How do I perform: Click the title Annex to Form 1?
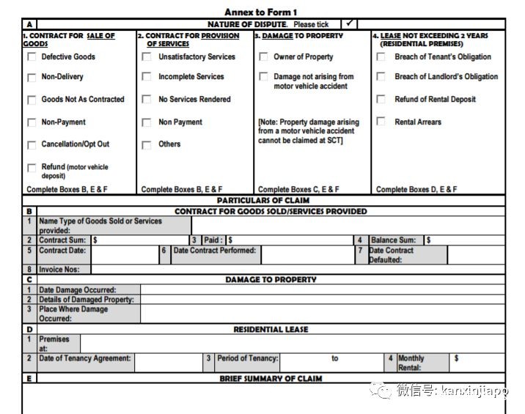pos(260,12)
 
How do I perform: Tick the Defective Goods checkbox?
pos(32,57)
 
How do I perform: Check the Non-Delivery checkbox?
pos(32,78)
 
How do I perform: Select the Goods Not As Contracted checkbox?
pos(32,100)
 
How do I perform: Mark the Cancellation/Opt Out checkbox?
pos(32,145)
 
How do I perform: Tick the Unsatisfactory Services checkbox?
pos(147,57)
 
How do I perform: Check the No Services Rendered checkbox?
pos(147,100)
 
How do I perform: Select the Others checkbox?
pos(147,145)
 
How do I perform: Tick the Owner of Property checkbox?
pos(263,57)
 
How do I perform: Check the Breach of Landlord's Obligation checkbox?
pos(381,77)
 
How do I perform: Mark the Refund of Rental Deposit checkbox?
pos(381,100)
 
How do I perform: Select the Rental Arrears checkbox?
pos(381,122)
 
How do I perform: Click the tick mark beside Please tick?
pos(350,23)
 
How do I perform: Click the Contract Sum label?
pos(62,240)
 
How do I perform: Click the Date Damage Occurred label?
pos(77,290)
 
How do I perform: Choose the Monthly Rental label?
pos(411,363)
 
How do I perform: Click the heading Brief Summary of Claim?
pos(271,379)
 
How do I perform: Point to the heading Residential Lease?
pos(271,330)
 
